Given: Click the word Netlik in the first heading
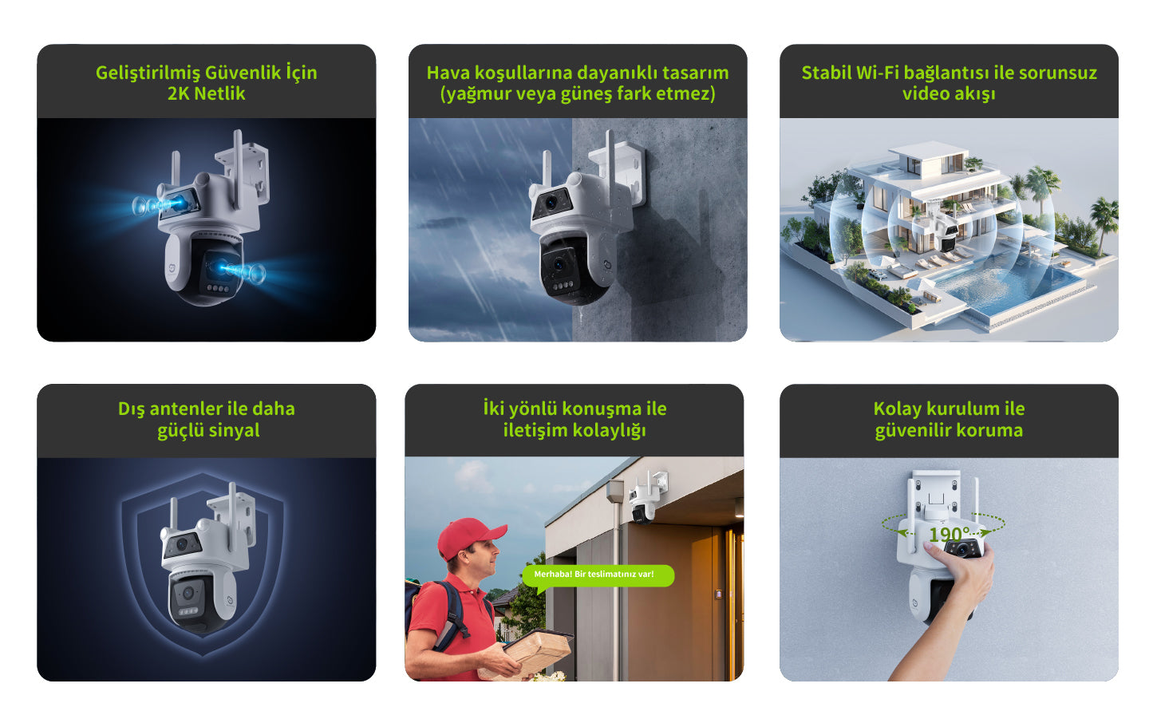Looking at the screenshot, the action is [219, 93].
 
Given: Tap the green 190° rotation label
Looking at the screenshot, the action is [950, 535].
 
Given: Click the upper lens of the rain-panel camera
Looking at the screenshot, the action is [551, 203].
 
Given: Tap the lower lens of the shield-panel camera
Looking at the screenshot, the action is [188, 594].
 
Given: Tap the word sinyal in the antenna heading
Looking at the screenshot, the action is [234, 431].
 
